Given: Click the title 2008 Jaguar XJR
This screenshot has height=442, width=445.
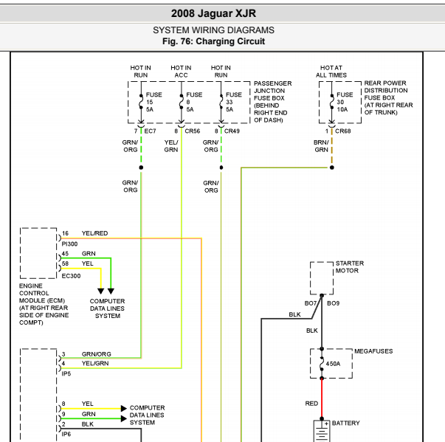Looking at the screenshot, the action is (x=213, y=13).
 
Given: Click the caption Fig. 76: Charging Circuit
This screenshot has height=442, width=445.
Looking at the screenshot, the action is (x=213, y=41).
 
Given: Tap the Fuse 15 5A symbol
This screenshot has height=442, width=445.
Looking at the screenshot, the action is (x=141, y=102).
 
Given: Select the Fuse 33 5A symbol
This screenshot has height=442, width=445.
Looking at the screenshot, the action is (x=221, y=102).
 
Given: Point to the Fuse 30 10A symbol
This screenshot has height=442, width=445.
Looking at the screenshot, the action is (x=332, y=102).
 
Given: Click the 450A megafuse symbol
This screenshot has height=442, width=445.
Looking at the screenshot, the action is (x=322, y=364).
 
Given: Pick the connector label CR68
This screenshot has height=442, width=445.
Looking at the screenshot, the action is (x=343, y=131).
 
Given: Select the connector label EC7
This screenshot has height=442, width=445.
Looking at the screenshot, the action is (x=150, y=131).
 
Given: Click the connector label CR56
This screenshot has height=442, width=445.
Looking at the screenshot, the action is (x=193, y=131).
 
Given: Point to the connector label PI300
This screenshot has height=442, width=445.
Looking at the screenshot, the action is (x=69, y=244).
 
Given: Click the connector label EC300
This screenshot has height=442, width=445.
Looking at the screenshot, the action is (x=71, y=276).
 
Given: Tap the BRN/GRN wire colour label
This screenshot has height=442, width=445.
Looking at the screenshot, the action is (x=321, y=146).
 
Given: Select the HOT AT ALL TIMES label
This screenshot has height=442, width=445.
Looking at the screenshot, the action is (x=331, y=72).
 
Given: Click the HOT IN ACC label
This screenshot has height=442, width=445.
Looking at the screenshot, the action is (x=181, y=72).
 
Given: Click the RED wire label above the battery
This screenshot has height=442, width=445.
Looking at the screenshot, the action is (x=311, y=404).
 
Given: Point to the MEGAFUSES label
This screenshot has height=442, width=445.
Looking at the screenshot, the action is (x=373, y=351).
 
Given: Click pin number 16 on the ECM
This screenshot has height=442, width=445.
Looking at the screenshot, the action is (x=65, y=233).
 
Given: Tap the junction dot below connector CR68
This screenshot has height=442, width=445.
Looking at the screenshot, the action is (x=332, y=168).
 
